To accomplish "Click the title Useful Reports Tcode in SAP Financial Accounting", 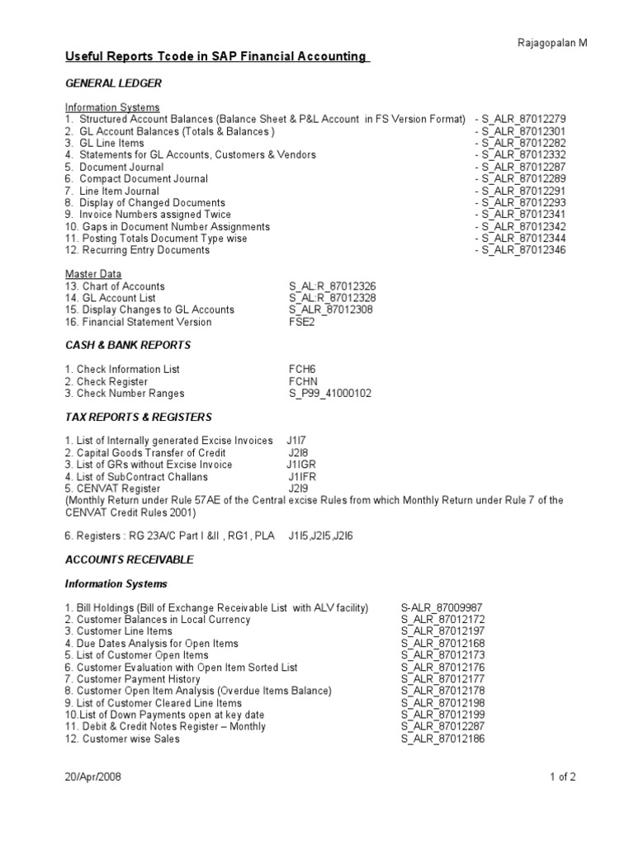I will click(x=216, y=57).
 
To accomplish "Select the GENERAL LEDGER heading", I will click(x=113, y=83).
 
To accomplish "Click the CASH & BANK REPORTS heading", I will click(x=128, y=345).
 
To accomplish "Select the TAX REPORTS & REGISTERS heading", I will click(x=139, y=418).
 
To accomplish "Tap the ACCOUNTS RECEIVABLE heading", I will click(x=130, y=559).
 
